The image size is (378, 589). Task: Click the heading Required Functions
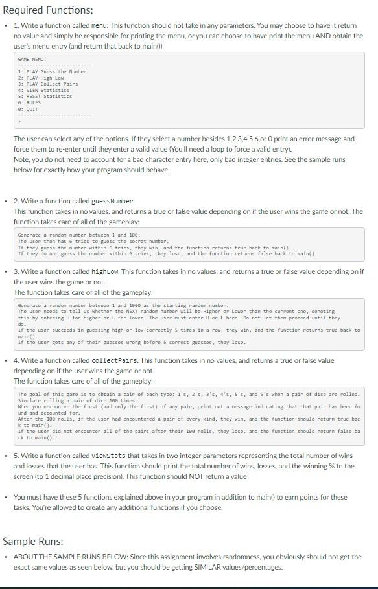[x=48, y=10]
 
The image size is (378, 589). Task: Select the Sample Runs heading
[x=33, y=541]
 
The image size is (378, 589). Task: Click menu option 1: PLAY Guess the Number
[x=52, y=71]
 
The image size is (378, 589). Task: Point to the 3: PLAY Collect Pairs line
[x=48, y=84]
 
